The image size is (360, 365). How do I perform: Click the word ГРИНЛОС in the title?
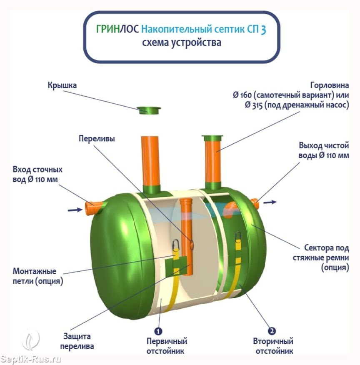(x=117, y=30)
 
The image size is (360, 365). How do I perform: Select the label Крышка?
(x=62, y=85)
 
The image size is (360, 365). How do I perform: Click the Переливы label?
(x=97, y=139)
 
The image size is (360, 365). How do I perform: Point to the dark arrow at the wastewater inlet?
(x=75, y=210)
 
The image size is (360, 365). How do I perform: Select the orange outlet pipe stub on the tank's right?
(x=255, y=203)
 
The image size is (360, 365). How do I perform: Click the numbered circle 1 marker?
(x=158, y=331)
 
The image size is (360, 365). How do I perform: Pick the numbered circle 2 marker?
(x=272, y=331)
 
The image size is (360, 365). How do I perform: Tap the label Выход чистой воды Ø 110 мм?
(x=323, y=150)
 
